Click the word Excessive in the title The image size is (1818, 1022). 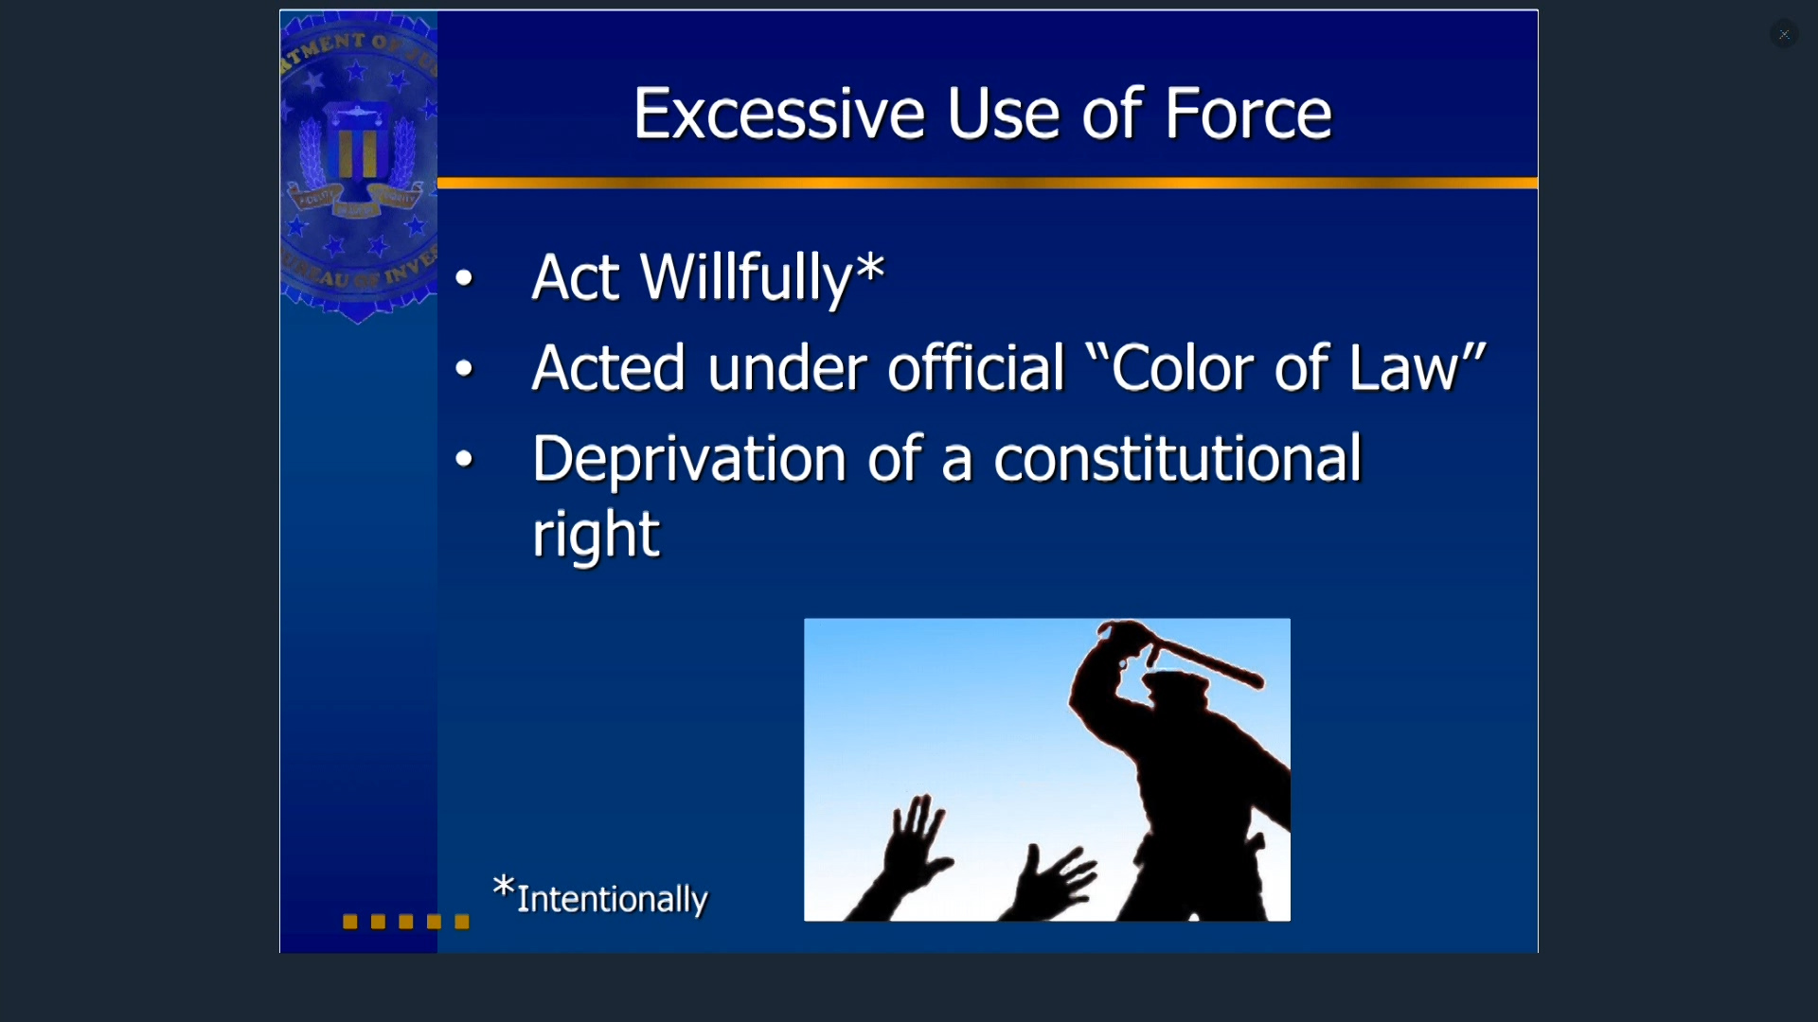(x=778, y=114)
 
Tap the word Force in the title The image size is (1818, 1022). (x=1248, y=114)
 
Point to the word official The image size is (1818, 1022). (x=975, y=367)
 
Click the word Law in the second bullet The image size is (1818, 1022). (x=1405, y=367)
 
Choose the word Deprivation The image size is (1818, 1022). (x=688, y=461)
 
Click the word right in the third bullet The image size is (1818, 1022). (x=595, y=536)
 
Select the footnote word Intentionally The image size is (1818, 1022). (x=612, y=899)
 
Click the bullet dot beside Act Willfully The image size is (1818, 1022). (x=464, y=277)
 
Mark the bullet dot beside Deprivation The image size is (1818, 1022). (x=464, y=459)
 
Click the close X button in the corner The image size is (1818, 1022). (x=1784, y=34)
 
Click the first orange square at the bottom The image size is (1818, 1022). (x=350, y=922)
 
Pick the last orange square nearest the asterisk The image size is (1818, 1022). (x=462, y=922)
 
